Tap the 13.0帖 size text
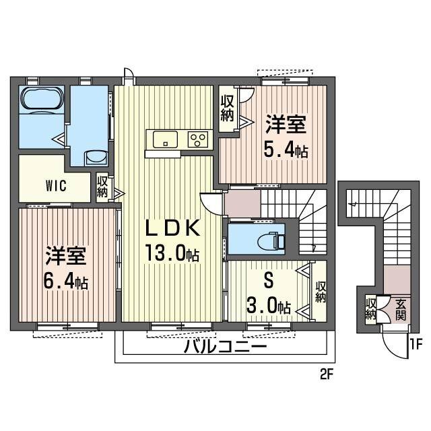click(x=171, y=255)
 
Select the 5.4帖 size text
click(x=286, y=150)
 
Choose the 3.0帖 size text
click(x=269, y=307)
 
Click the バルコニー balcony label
click(x=226, y=348)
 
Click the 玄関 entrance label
click(x=401, y=309)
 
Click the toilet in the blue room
click(x=273, y=240)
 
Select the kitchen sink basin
click(x=165, y=139)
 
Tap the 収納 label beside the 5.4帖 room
click(x=227, y=108)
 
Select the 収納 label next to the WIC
click(x=102, y=186)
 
